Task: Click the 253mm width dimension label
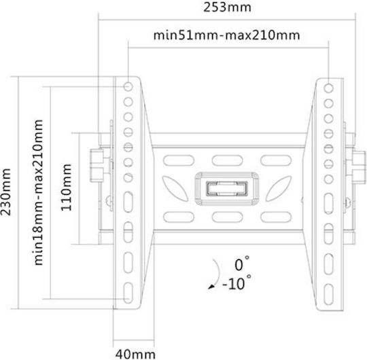227,7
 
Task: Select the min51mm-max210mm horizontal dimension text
226,35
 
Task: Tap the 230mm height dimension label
5,192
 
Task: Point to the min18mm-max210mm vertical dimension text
38,192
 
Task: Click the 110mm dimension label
66,187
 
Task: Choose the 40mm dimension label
135,354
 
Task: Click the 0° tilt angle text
242,264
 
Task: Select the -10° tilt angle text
237,283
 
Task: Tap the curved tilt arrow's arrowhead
211,287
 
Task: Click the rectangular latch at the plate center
227,189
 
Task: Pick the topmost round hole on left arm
128,87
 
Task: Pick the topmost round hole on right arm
328,88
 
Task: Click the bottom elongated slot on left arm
128,293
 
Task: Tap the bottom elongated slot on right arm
329,295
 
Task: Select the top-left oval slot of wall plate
179,161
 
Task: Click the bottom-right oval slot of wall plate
276,217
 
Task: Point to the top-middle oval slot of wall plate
227,161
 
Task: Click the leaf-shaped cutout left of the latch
175,189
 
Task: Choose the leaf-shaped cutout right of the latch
279,189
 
